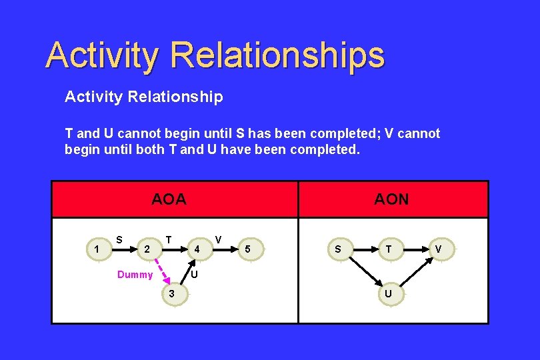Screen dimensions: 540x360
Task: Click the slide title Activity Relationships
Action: click(x=215, y=55)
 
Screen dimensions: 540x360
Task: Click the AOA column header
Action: click(x=169, y=199)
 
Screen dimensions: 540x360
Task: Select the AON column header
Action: click(x=391, y=199)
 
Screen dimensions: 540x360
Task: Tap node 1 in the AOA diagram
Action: click(x=98, y=250)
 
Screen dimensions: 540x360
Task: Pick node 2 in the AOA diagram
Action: click(x=147, y=250)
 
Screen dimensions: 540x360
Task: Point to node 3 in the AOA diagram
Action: click(x=172, y=294)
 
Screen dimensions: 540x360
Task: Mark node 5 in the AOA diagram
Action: click(x=248, y=250)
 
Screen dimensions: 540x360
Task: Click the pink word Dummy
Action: click(x=135, y=275)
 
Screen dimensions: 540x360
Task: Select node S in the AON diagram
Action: click(x=338, y=250)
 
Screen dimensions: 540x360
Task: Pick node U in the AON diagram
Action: click(x=387, y=294)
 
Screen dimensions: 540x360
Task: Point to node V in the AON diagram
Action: click(x=438, y=250)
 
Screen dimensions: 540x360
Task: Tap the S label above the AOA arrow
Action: click(x=119, y=239)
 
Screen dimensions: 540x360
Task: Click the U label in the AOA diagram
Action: click(x=193, y=274)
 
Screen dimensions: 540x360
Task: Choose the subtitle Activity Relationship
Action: click(x=143, y=97)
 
